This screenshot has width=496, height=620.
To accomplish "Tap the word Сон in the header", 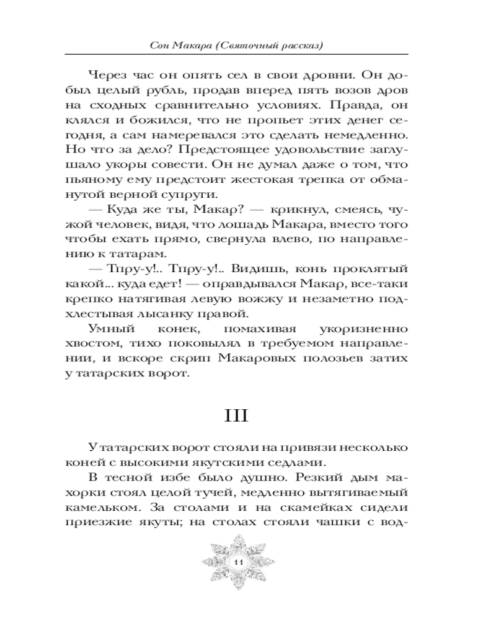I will pos(162,46).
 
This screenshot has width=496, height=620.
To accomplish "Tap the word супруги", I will pos(180,196).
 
